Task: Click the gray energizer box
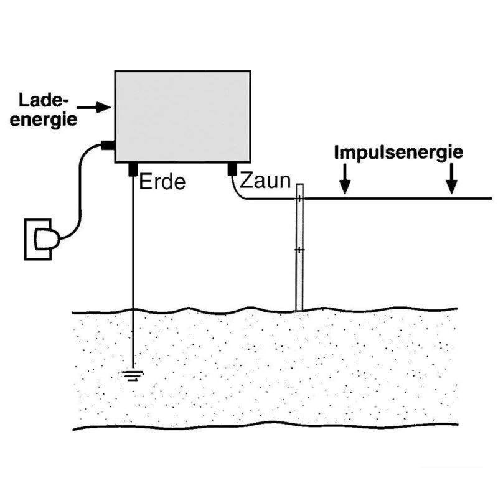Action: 182,116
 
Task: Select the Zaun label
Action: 265,181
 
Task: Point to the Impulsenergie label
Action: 399,153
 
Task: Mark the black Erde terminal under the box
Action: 133,168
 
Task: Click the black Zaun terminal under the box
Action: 232,168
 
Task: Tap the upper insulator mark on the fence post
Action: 299,199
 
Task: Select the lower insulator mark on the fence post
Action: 299,250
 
